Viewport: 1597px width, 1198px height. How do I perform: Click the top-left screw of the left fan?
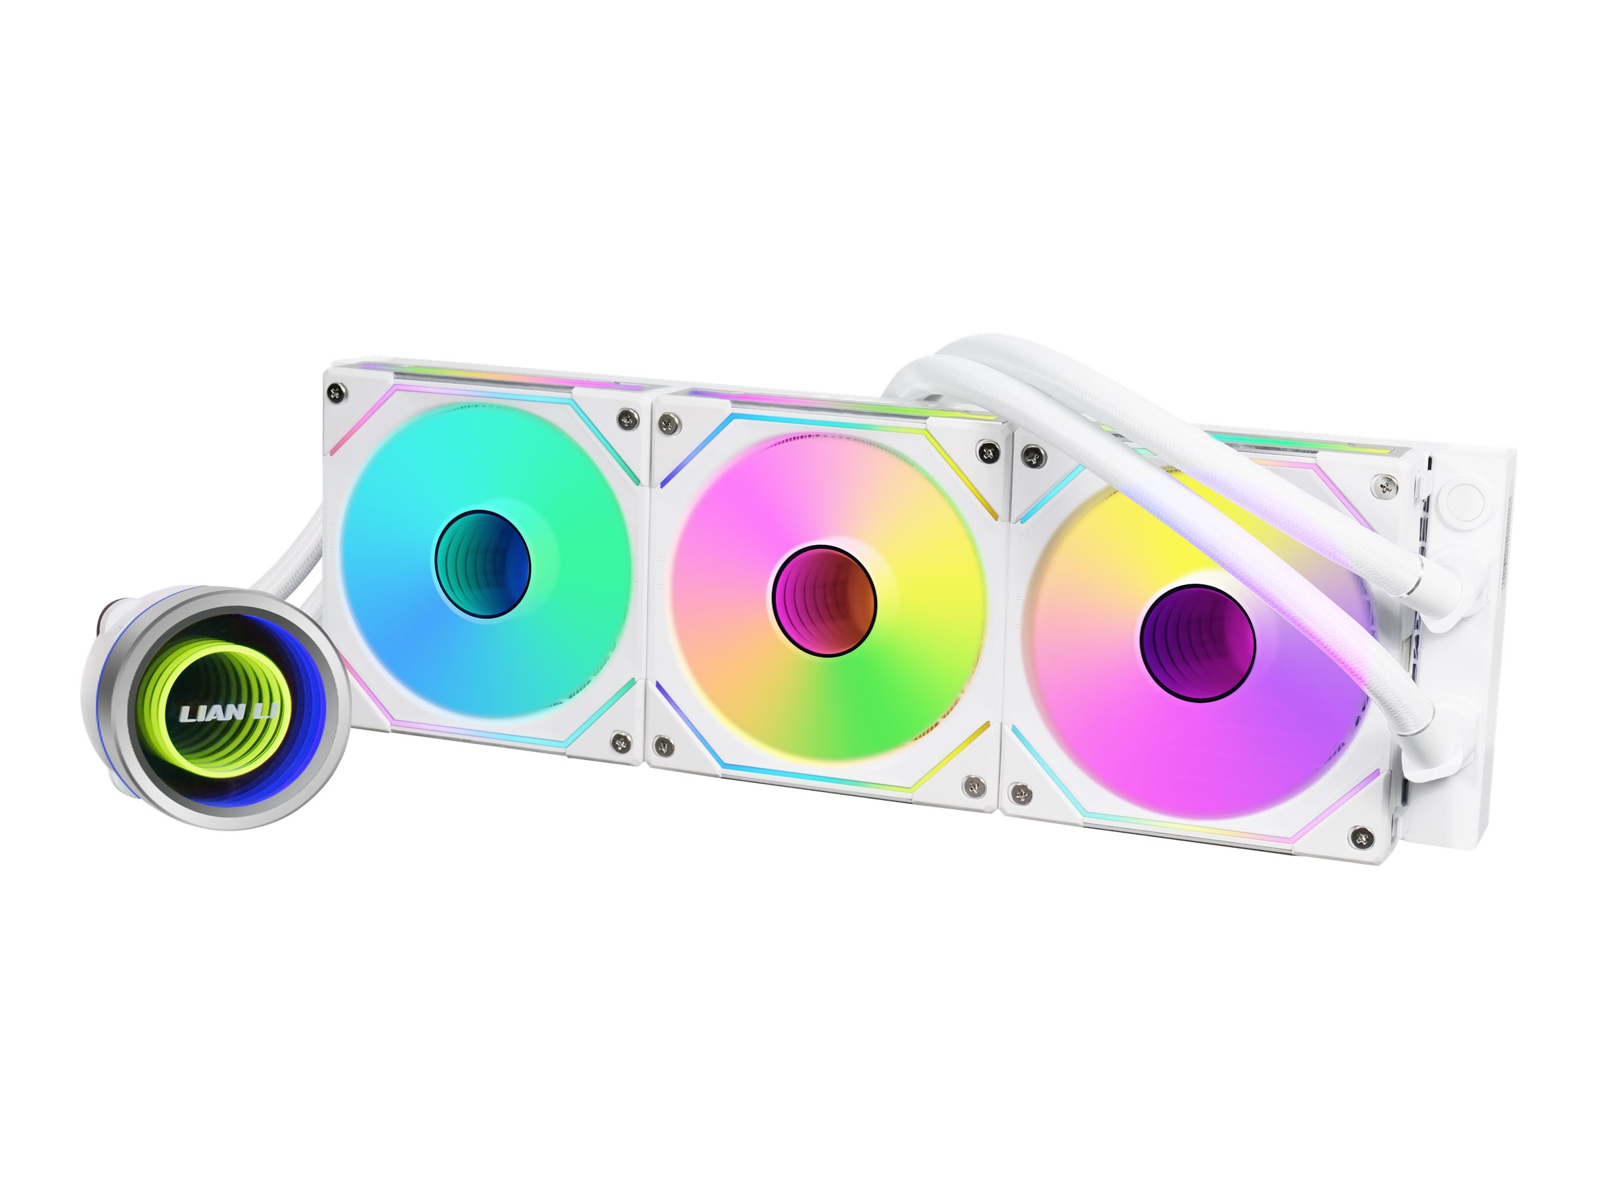click(x=333, y=391)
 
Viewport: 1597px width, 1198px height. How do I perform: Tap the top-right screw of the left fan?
click(x=625, y=419)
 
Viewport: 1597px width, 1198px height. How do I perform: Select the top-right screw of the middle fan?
click(x=985, y=451)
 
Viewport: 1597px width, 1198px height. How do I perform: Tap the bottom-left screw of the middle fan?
click(x=660, y=744)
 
